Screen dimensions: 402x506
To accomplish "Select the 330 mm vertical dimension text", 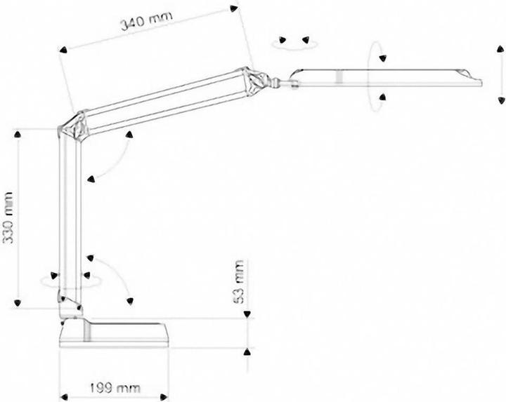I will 9,218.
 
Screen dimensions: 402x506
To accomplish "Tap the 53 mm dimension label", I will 240,283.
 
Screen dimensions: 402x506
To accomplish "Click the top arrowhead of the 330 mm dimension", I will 18,132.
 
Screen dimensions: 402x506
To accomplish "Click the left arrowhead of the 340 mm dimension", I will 63,50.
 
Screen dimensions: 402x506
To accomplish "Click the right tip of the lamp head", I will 481,82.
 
